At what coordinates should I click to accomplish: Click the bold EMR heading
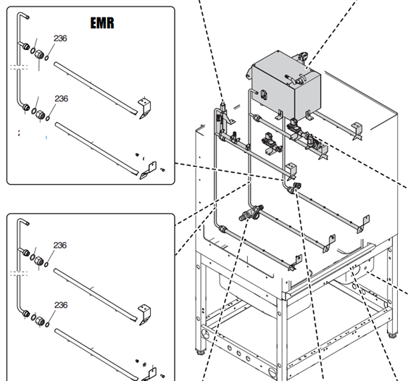(102, 22)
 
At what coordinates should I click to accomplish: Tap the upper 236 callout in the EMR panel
(60, 38)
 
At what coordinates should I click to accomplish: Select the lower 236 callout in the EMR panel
(62, 99)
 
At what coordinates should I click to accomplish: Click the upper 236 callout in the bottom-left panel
(60, 246)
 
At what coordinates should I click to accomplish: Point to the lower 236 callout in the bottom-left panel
(61, 305)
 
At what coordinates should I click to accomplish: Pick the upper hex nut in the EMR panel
(39, 54)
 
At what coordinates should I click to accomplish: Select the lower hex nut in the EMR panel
(40, 114)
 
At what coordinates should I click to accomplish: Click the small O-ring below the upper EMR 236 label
(46, 58)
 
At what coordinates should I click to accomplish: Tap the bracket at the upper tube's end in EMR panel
(144, 108)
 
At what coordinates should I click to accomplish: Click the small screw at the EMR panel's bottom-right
(162, 170)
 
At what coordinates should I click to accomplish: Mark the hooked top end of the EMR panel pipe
(24, 15)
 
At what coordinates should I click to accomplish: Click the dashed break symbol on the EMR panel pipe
(19, 67)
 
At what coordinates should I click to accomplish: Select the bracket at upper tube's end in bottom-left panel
(144, 314)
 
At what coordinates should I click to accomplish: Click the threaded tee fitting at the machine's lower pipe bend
(251, 213)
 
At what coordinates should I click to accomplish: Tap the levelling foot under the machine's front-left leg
(201, 351)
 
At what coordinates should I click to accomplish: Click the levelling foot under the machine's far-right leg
(392, 335)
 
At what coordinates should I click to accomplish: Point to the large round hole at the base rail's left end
(206, 335)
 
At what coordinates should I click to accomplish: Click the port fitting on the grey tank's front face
(263, 95)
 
